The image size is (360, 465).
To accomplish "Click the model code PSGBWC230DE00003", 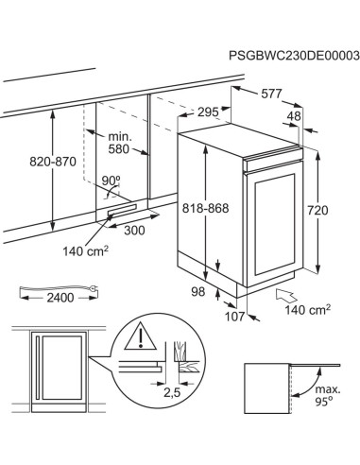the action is point(294,56).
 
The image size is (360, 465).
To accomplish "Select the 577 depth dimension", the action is point(271,94).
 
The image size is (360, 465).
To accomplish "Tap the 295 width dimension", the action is point(208,112).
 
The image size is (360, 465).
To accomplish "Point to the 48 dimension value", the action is point(294,116).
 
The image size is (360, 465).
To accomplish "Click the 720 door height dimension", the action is point(317,210).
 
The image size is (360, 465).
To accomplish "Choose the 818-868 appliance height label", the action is point(206,208).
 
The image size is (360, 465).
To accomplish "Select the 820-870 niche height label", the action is point(53,162).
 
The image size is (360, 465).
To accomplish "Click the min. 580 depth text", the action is point(119,143).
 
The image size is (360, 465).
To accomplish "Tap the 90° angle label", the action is point(111,181).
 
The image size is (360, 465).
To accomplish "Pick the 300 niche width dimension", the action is point(134,231).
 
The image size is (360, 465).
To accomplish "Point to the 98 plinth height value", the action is point(198,292).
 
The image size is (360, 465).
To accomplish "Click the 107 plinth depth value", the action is point(234,317).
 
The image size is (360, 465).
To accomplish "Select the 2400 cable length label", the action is point(60,298).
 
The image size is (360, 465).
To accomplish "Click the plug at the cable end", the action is point(94,287).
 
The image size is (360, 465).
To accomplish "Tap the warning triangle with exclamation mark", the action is point(141,336).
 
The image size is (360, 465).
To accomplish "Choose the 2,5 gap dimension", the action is point(172,392).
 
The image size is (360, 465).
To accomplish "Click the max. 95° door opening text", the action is point(328,395).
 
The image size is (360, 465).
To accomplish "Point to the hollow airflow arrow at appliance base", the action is point(287,296).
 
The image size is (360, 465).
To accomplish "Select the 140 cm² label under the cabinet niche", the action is point(86,251).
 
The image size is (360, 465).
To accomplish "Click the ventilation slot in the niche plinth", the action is point(122,210).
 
